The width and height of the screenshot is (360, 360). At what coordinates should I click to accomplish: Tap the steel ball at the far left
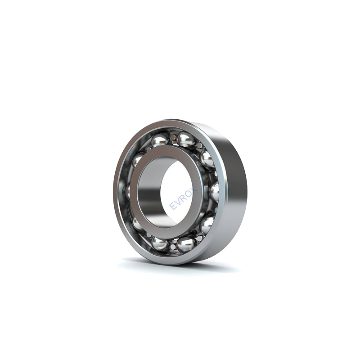tap(128, 191)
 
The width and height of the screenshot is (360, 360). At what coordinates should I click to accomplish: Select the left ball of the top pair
tap(160, 140)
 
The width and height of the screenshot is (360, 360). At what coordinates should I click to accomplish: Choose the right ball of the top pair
tap(186, 139)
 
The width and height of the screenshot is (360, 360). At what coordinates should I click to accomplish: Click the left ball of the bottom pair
tap(160, 244)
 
